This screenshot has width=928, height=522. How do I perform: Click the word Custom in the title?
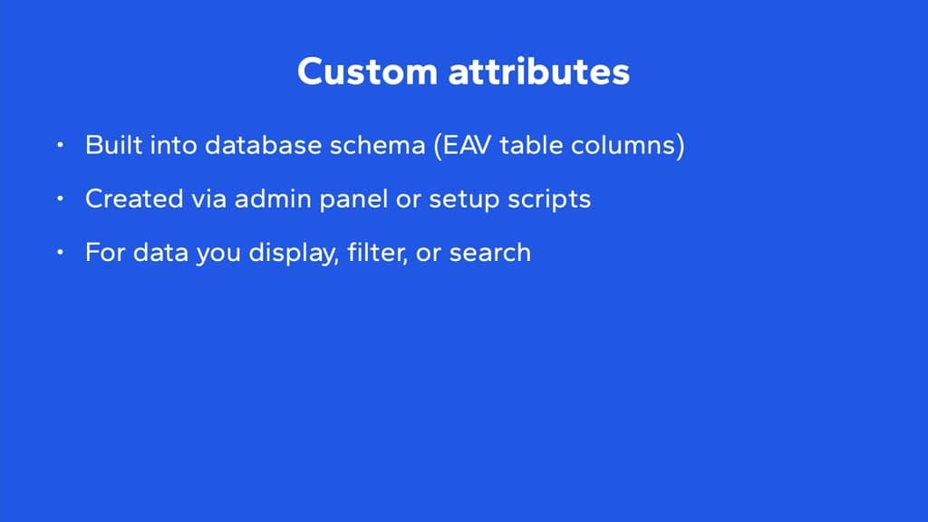click(367, 72)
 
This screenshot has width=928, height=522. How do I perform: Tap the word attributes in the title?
click(539, 72)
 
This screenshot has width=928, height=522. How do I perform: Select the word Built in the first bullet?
click(113, 145)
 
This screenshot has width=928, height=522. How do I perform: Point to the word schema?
click(377, 145)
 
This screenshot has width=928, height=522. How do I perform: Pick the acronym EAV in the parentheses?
click(467, 146)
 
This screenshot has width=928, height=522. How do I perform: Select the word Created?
click(134, 198)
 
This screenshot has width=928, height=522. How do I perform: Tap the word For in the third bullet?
click(105, 253)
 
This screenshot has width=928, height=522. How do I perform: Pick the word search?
click(490, 253)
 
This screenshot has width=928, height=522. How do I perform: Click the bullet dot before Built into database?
click(61, 144)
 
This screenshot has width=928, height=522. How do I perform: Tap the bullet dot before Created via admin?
click(61, 198)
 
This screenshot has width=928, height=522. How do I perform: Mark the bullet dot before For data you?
click(61, 252)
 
